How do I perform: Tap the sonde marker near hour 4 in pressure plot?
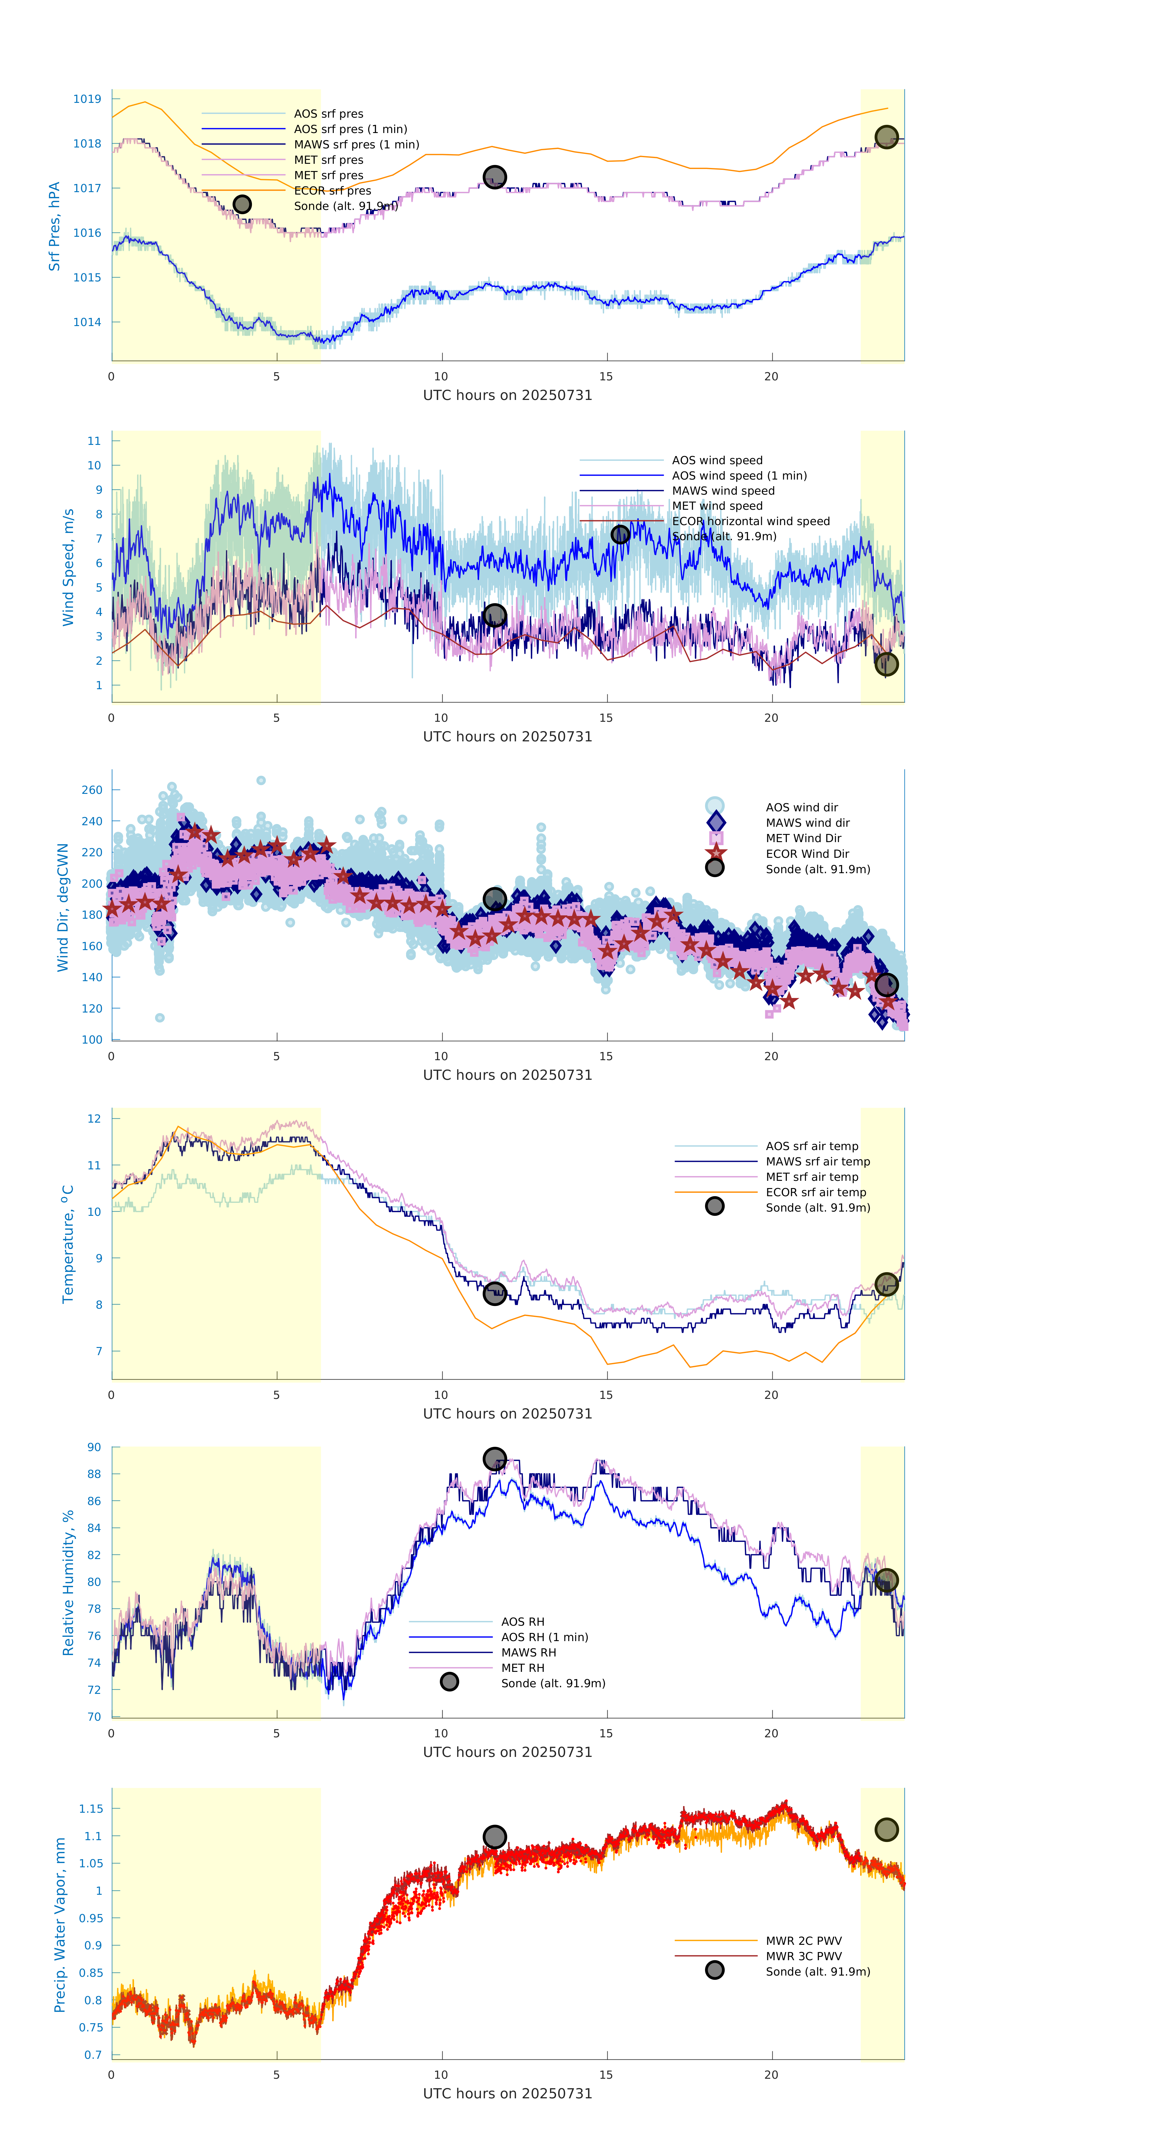click(x=242, y=204)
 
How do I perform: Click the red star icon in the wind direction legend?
click(x=715, y=853)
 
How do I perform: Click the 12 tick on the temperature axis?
click(x=94, y=1119)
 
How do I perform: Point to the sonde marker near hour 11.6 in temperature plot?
click(x=495, y=1294)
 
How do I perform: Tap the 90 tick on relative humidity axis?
click(x=94, y=1447)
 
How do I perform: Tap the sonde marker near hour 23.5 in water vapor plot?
click(x=886, y=1830)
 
